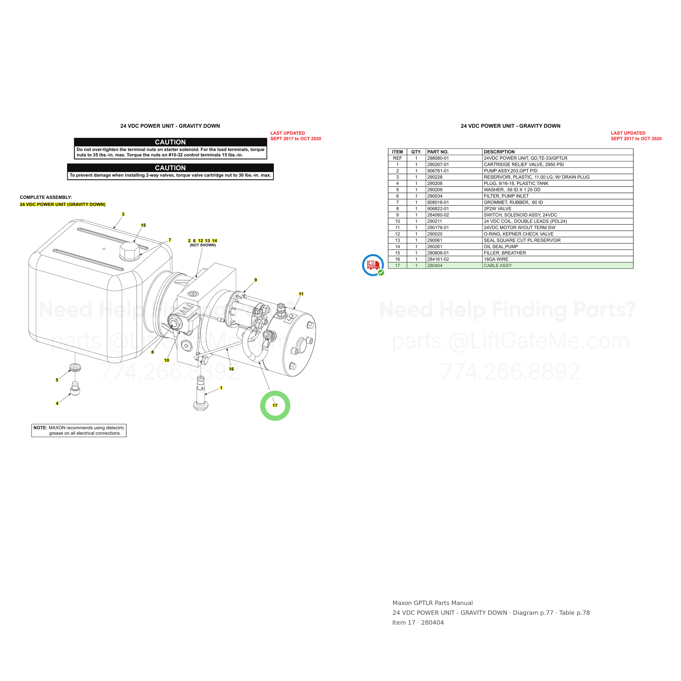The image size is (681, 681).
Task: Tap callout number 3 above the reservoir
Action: click(123, 214)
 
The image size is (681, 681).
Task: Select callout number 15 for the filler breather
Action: click(143, 225)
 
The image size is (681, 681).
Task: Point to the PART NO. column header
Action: click(438, 152)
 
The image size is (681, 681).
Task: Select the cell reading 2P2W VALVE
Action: click(497, 209)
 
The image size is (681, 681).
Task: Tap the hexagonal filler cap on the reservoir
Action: click(130, 251)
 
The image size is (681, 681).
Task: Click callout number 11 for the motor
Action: click(301, 294)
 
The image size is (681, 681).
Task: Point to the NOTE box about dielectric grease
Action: click(79, 430)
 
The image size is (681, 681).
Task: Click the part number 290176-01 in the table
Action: click(438, 228)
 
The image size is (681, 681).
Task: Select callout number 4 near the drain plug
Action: click(57, 403)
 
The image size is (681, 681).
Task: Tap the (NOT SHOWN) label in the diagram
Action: click(203, 245)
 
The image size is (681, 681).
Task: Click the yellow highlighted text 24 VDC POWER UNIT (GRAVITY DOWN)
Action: click(63, 205)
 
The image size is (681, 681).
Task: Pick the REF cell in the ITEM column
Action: click(397, 158)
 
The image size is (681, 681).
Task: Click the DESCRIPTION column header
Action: click(499, 152)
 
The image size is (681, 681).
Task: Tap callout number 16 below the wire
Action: click(231, 369)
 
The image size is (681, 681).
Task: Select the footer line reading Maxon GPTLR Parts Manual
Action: click(433, 603)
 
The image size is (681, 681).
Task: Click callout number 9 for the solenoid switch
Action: click(256, 280)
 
